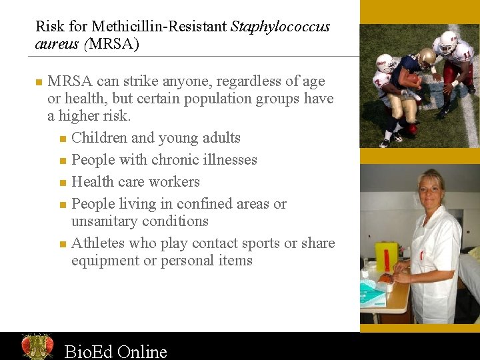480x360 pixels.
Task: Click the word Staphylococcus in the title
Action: tap(280, 27)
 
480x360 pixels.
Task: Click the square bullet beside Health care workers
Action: tap(62, 183)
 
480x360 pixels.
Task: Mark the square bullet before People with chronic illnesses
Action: tap(62, 161)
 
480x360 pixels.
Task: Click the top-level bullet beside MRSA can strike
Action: tap(39, 82)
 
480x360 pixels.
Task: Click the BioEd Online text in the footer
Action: tap(115, 351)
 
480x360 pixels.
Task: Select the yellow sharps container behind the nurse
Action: tap(386, 257)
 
